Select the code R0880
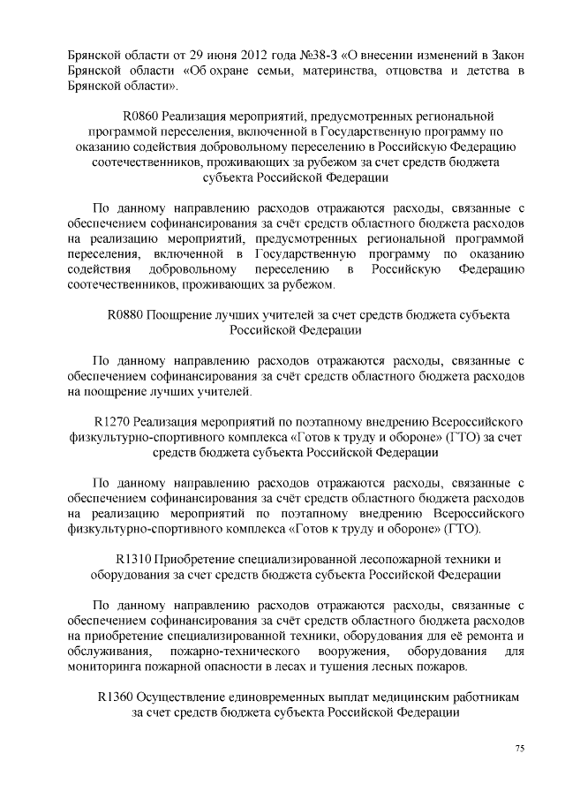pyautogui.click(x=124, y=315)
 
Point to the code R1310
pyautogui.click(x=133, y=559)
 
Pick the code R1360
pyautogui.click(x=115, y=696)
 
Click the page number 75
pyautogui.click(x=520, y=749)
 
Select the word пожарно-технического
pyautogui.click(x=230, y=651)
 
